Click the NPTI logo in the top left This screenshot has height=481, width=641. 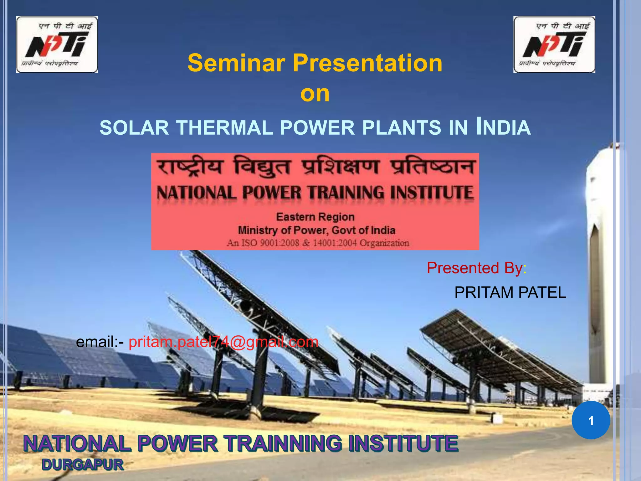(57, 44)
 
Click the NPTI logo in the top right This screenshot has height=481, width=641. (554, 44)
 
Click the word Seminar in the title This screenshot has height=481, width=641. (236, 63)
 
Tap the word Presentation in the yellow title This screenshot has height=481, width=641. (368, 63)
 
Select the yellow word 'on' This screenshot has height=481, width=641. (315, 94)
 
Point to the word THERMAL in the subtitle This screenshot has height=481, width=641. (224, 128)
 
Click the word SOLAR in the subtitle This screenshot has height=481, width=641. (134, 128)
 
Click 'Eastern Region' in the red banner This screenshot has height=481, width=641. (315, 217)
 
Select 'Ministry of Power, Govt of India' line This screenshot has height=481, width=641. (316, 230)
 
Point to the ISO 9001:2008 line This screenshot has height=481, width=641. (318, 243)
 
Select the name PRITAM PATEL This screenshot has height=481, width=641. (510, 292)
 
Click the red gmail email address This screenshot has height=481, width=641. (223, 342)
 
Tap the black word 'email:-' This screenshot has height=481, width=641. (100, 342)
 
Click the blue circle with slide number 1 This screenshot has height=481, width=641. (591, 420)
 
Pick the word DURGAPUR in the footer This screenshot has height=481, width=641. (83, 464)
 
